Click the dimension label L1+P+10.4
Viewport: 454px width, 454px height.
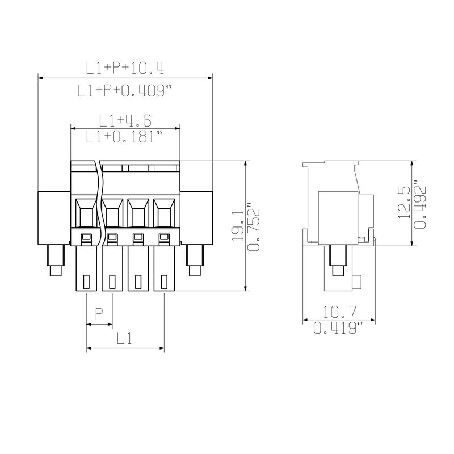click(x=125, y=69)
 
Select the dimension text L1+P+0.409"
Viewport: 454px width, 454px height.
click(x=124, y=90)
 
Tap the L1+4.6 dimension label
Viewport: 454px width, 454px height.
click(x=125, y=121)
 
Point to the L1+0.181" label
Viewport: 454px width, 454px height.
click(x=124, y=136)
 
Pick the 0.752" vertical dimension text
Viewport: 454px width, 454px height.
click(x=253, y=229)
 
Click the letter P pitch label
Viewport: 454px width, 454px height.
click(x=99, y=314)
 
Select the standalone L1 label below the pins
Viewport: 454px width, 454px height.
click(x=124, y=338)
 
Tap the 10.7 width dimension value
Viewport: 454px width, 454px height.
click(x=339, y=312)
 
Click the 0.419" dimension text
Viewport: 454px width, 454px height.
click(x=338, y=328)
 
